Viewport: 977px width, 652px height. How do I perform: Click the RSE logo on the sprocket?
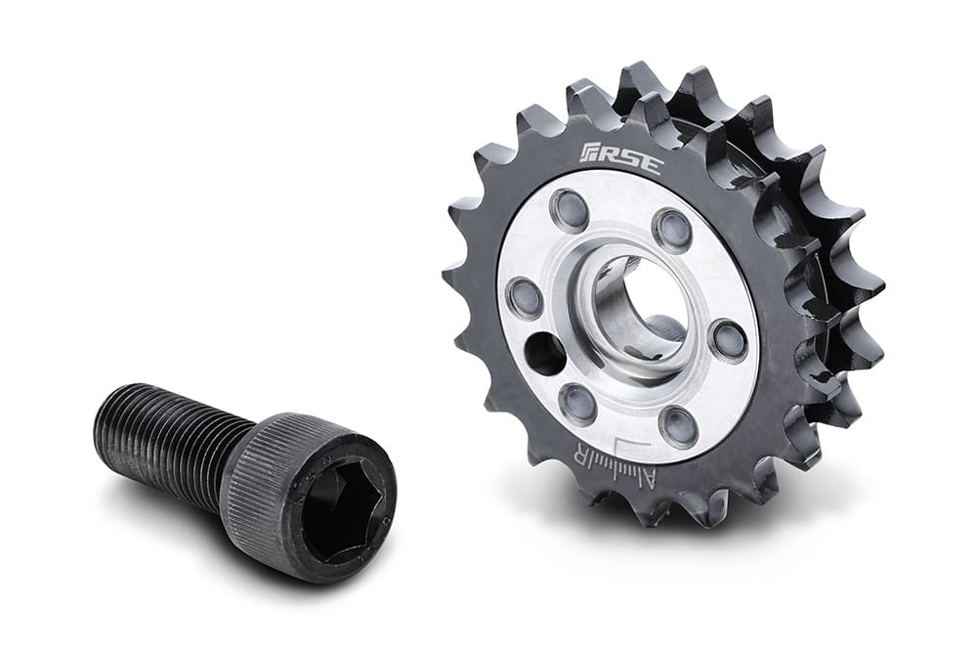(x=620, y=158)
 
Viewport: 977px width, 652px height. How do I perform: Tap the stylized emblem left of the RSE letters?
(x=592, y=152)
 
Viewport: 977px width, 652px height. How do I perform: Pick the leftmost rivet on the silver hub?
(x=526, y=296)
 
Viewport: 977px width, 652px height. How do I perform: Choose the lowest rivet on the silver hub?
(x=677, y=425)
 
